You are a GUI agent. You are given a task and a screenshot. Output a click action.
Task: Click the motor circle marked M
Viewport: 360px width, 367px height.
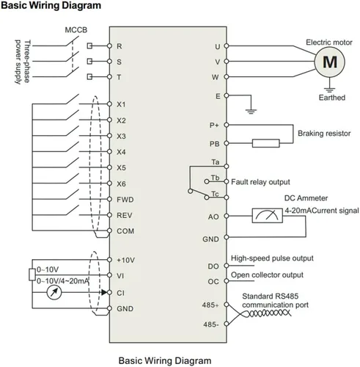tap(329, 62)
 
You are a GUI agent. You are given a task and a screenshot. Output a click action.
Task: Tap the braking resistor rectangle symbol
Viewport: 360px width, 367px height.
tap(266, 143)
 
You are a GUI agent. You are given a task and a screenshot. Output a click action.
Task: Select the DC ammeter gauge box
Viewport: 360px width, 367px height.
tap(268, 216)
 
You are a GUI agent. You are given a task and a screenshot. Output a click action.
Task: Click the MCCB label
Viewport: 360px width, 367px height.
tap(76, 30)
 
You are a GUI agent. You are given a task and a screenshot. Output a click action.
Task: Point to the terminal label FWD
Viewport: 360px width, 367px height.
tap(125, 200)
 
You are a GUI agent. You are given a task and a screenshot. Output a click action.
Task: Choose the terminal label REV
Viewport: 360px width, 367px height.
tap(125, 215)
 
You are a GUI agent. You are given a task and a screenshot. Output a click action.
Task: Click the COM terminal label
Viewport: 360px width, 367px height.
tap(125, 231)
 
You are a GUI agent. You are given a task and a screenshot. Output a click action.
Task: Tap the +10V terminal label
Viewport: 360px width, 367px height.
tap(125, 260)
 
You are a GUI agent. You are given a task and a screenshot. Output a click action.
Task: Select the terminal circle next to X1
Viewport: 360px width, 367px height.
tap(109, 104)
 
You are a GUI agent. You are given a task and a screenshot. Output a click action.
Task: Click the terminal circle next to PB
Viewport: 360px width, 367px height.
tap(227, 143)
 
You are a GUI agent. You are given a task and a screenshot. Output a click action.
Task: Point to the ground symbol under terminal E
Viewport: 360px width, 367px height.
tap(251, 112)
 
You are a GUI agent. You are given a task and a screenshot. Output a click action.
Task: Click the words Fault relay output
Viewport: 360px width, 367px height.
tap(260, 182)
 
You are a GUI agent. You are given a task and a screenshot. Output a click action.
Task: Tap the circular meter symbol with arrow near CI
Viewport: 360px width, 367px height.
tap(54, 292)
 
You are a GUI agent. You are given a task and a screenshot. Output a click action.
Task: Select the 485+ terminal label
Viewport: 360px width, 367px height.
tap(210, 305)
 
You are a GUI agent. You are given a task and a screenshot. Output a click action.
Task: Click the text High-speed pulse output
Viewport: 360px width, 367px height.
tap(272, 258)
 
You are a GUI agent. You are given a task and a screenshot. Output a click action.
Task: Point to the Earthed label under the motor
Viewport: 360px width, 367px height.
tap(332, 98)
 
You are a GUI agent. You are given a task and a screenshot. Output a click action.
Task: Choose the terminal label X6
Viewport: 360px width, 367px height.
tap(121, 183)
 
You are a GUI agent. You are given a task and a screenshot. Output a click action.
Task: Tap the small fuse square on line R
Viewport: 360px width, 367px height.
tap(89, 46)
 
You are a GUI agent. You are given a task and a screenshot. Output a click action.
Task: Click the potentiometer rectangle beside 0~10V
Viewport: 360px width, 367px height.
tap(32, 275)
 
